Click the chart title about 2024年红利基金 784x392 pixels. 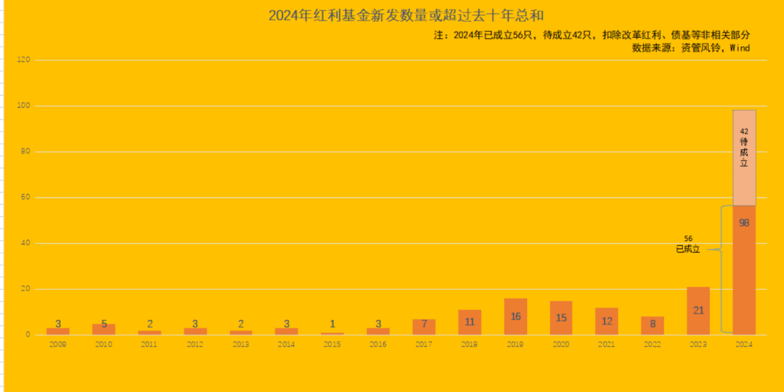tap(406, 15)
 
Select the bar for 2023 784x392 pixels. tap(698, 311)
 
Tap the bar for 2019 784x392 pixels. tap(515, 317)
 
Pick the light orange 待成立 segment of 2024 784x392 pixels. tap(744, 158)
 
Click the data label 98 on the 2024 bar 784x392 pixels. tap(744, 223)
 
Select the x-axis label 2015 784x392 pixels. tap(332, 344)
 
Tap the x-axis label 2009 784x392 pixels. tap(58, 344)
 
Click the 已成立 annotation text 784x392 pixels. tap(687, 249)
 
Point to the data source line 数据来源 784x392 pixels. tap(690, 48)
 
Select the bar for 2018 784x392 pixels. tap(469, 322)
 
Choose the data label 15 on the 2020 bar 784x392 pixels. tap(560, 318)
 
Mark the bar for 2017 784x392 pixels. tap(423, 327)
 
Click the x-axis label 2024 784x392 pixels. tap(744, 344)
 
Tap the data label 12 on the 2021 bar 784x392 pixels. tap(606, 321)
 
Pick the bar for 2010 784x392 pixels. tap(104, 329)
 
